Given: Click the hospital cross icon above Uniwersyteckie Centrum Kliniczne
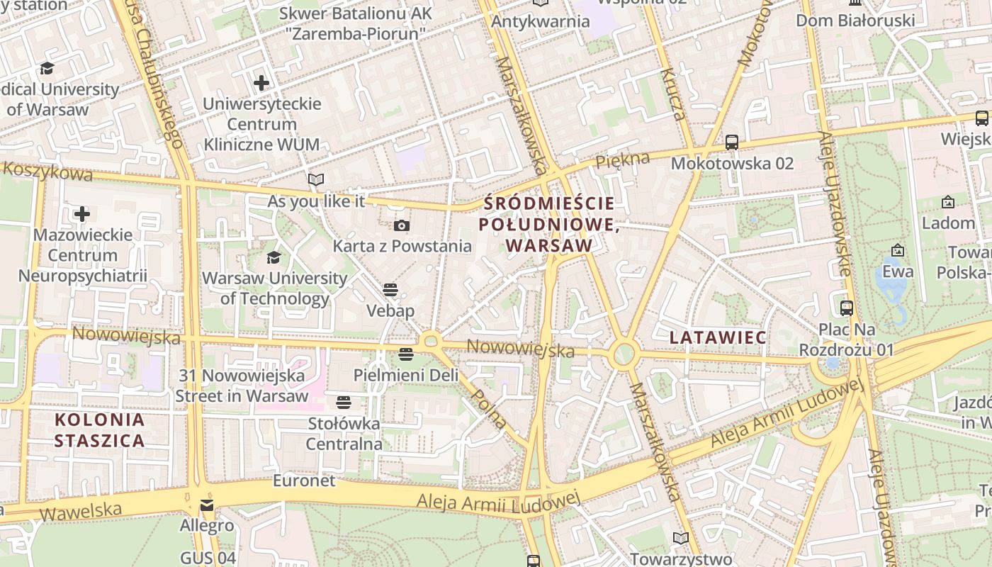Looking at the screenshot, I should click(x=261, y=83).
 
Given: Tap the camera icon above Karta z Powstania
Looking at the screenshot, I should click(x=402, y=226).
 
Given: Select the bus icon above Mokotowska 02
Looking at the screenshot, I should click(x=732, y=142).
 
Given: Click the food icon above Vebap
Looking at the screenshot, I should click(x=390, y=289).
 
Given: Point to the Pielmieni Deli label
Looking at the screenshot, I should click(x=406, y=375).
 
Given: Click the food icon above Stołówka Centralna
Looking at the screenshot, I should click(x=344, y=403).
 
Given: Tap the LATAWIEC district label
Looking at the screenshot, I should click(x=718, y=337).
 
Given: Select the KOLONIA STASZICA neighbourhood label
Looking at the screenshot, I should click(x=100, y=430).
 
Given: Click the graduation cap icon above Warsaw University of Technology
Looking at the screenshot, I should click(x=274, y=257).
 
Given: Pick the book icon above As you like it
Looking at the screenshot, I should click(x=316, y=180).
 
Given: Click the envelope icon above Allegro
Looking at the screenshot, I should click(x=206, y=505).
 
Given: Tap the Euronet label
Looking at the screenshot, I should click(x=304, y=481).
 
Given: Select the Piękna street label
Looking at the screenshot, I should click(x=622, y=160).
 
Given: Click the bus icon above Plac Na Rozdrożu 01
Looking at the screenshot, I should click(x=847, y=308).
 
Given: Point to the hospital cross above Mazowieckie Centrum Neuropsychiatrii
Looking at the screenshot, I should click(x=82, y=214).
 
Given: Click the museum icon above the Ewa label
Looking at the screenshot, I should click(x=898, y=250).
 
